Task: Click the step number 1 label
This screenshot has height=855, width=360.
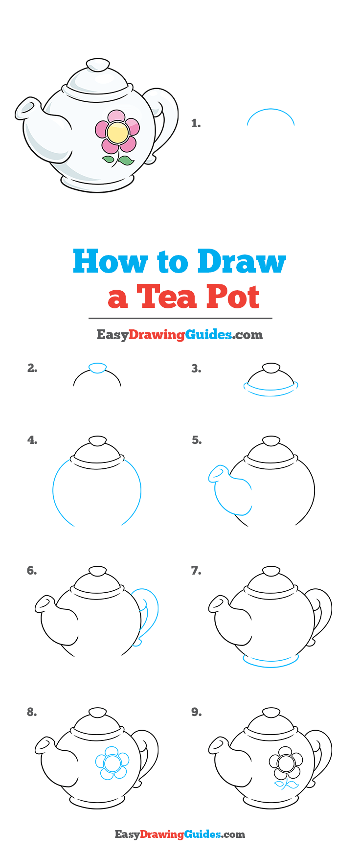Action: coord(196,124)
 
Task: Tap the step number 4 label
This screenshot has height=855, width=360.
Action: coord(32,440)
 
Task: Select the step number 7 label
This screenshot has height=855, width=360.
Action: coord(196,571)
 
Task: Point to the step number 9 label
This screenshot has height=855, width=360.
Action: coord(196,713)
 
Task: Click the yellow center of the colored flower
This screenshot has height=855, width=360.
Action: coord(117,133)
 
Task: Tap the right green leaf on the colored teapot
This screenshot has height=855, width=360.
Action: coord(126,161)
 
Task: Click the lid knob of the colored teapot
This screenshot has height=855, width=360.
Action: coord(98,65)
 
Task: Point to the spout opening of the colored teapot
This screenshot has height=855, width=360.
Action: coord(26,107)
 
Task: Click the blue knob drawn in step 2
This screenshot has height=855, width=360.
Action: coord(97,368)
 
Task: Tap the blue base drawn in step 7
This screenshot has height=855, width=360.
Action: coord(270,661)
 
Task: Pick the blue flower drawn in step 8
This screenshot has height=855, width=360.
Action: coord(112,763)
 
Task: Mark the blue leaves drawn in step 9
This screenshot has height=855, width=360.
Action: coord(287,785)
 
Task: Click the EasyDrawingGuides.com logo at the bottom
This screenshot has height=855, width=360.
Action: coord(180,834)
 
